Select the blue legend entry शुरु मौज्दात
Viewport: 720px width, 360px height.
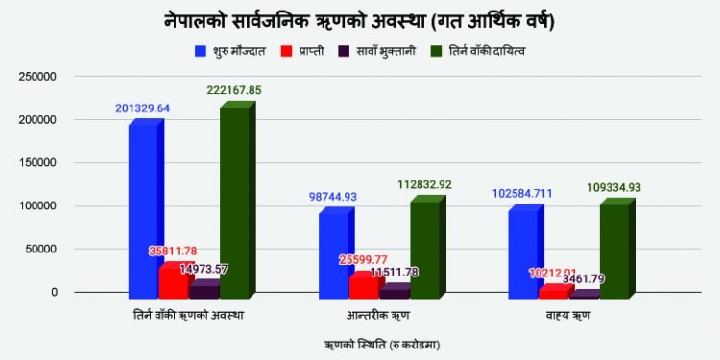(235, 49)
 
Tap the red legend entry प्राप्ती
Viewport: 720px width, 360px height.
(306, 49)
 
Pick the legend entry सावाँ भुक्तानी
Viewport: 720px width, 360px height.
(380, 49)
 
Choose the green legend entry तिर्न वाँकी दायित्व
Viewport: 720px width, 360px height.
(481, 49)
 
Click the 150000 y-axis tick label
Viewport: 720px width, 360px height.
(36, 163)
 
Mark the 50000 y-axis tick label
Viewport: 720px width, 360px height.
(38, 249)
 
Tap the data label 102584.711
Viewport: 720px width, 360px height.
(531, 193)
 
